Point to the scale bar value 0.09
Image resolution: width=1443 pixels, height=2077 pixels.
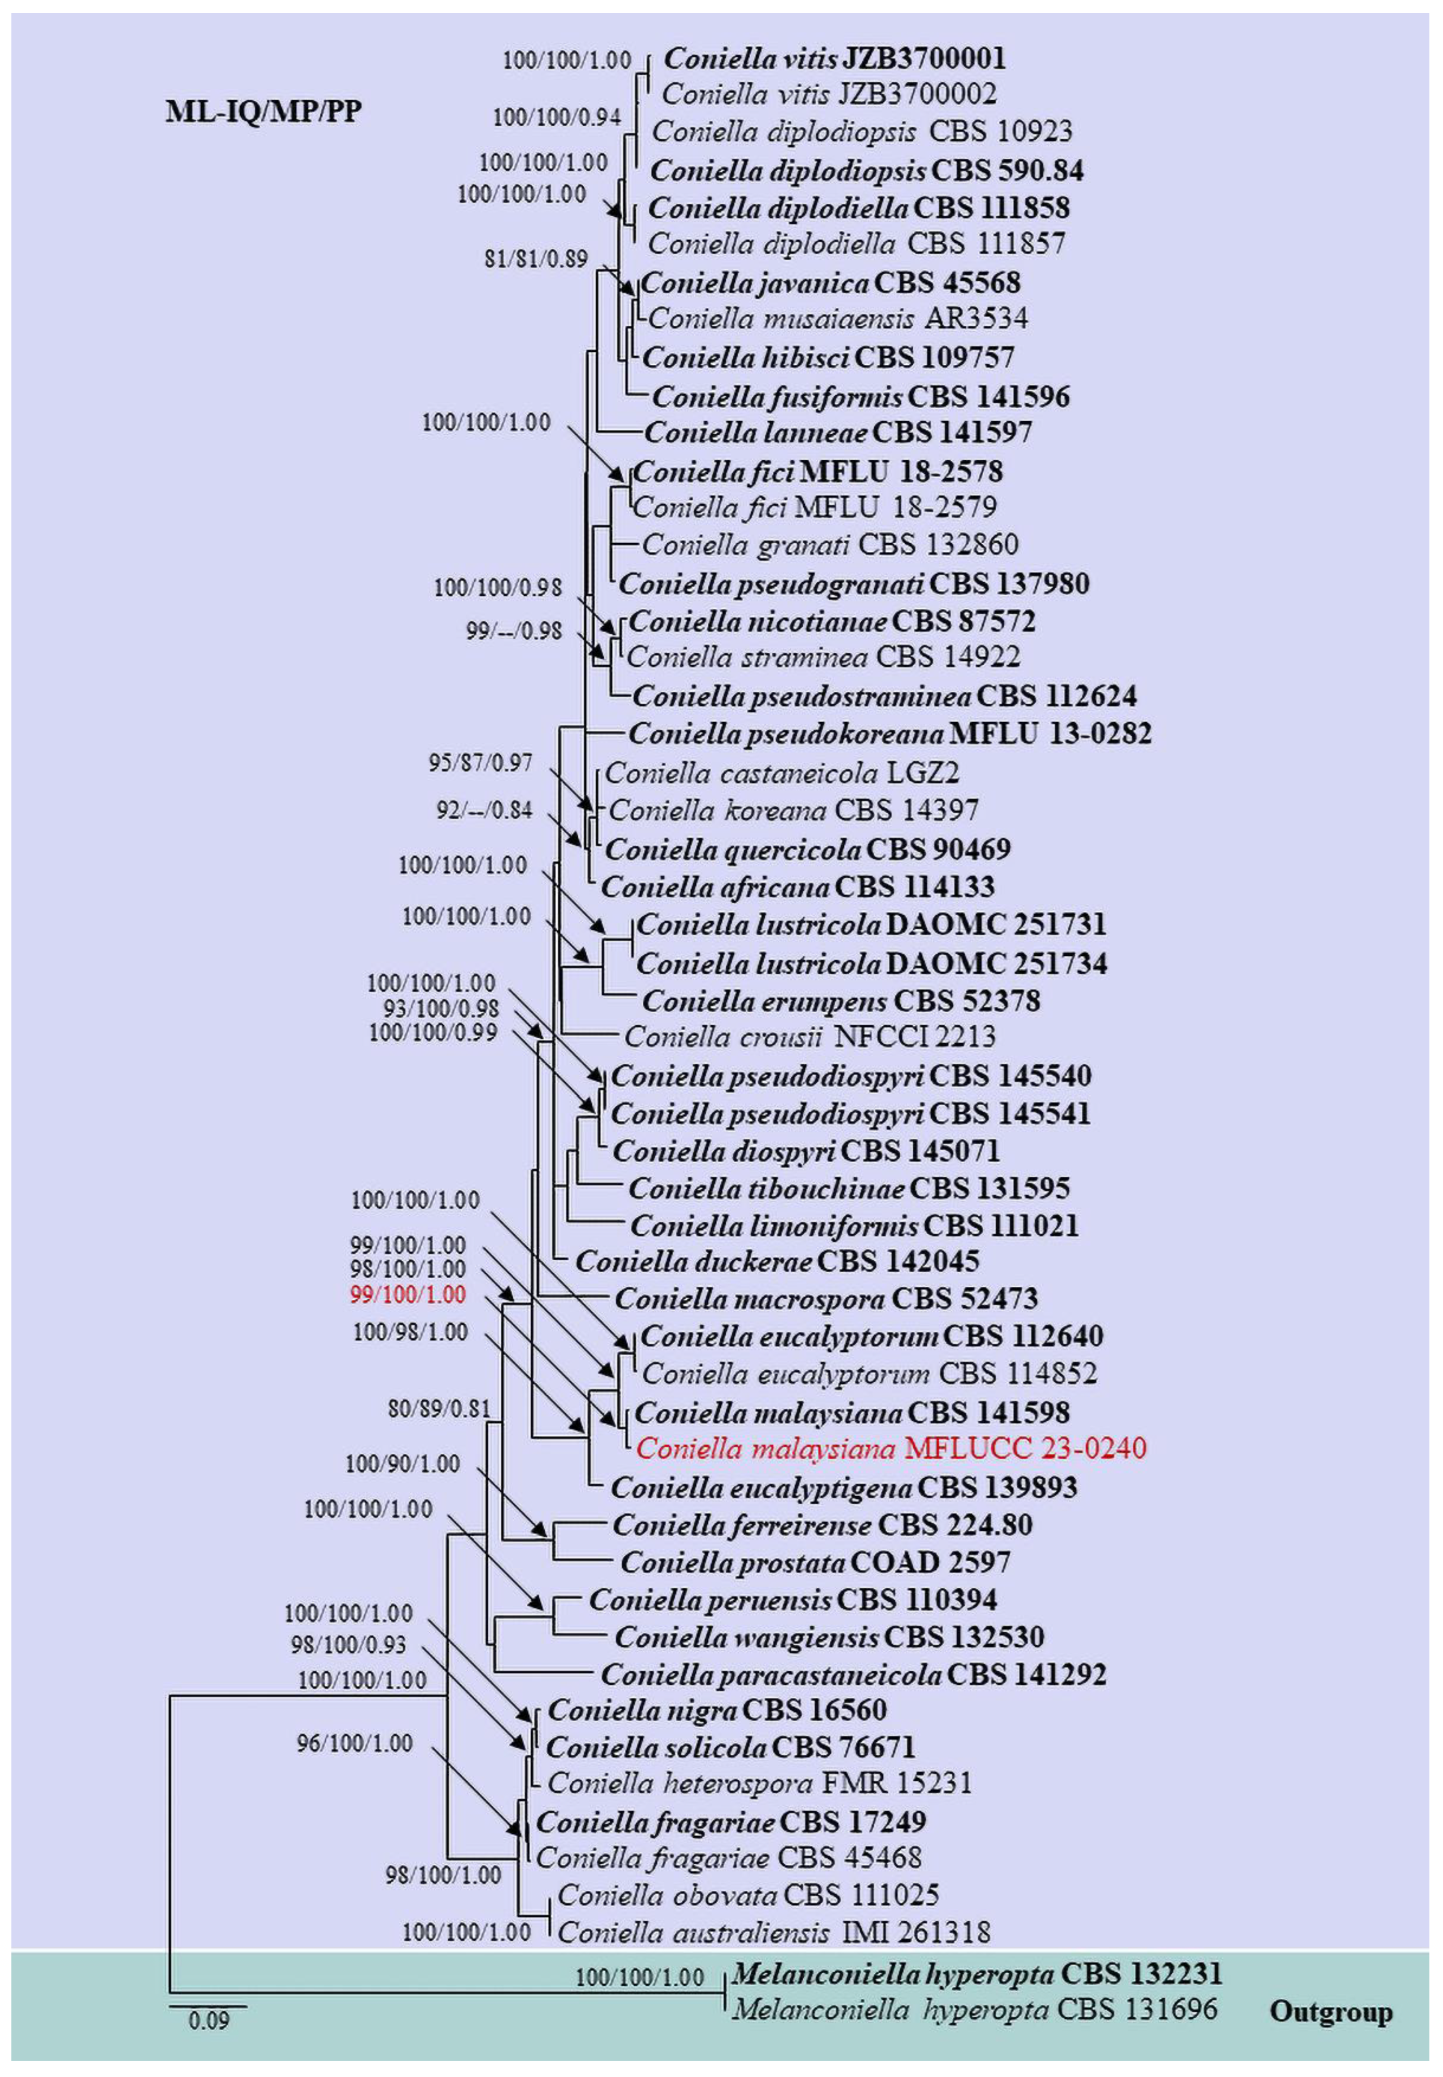pos(209,2020)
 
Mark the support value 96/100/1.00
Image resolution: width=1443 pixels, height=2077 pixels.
pos(355,1743)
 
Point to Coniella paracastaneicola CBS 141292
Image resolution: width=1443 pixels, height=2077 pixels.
pos(852,1675)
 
